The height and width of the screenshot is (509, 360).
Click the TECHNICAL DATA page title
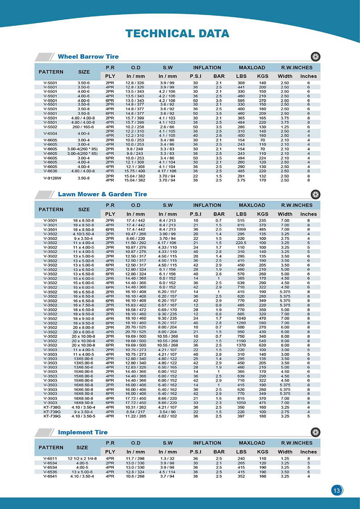(x=177, y=34)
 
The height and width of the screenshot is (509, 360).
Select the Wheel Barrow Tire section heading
(x=88, y=57)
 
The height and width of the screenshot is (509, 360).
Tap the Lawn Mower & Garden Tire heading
(x=102, y=194)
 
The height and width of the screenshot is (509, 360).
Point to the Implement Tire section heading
(x=83, y=432)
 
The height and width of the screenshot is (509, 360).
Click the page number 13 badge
(x=337, y=490)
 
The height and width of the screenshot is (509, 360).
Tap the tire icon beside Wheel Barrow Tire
(x=315, y=57)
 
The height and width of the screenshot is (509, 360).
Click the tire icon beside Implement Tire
(x=315, y=432)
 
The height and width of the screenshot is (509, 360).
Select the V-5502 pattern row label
(x=50, y=127)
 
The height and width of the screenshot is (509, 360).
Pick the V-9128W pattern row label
(x=52, y=178)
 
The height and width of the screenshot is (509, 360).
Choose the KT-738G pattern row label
(x=52, y=407)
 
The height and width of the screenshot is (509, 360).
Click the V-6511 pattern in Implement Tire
(x=50, y=459)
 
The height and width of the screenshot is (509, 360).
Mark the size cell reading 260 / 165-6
(x=83, y=127)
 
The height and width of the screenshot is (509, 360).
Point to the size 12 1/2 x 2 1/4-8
(x=82, y=459)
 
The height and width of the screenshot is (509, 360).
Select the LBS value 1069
(x=241, y=229)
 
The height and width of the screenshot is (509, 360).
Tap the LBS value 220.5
(x=241, y=243)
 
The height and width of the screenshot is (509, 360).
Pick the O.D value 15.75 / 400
(x=135, y=171)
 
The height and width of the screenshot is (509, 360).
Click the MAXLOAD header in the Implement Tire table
(x=252, y=443)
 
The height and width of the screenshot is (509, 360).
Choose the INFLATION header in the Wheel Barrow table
(x=207, y=68)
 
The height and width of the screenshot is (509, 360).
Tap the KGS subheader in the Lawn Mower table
(x=262, y=214)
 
